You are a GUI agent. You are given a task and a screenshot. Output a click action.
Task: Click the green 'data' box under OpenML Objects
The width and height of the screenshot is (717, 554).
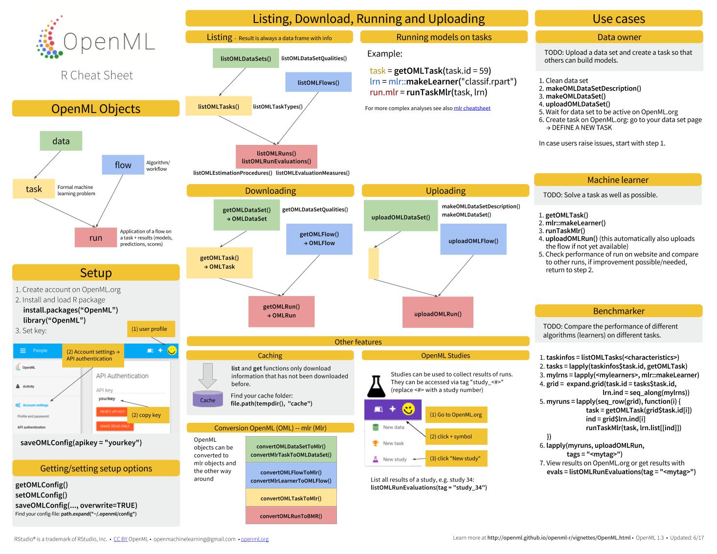(61, 141)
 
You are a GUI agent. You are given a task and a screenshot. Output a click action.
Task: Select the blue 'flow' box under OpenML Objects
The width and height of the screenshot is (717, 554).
(123, 165)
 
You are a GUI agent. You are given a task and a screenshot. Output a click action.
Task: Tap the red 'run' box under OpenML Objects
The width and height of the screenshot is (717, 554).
(96, 238)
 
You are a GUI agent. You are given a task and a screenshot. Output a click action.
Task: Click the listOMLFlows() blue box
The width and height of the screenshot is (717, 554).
(318, 82)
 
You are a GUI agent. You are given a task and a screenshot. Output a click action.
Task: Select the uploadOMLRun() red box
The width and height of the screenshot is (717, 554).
(438, 314)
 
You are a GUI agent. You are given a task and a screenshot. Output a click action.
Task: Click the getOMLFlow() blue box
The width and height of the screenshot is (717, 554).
(319, 239)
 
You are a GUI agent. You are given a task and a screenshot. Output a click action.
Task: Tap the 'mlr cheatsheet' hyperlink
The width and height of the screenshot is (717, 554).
(472, 108)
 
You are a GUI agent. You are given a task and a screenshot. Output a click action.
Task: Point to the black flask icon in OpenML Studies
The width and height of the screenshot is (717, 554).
(376, 386)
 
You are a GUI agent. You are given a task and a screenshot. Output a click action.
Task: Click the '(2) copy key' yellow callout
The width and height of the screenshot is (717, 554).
(149, 415)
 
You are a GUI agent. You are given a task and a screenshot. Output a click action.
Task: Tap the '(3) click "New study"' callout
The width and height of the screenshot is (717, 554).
(456, 459)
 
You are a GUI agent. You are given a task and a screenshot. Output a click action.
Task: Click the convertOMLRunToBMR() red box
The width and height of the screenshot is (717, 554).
(291, 516)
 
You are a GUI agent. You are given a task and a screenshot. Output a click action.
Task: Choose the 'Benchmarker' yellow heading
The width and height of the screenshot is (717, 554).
(618, 311)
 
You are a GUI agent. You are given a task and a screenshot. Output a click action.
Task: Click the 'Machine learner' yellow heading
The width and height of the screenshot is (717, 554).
(617, 180)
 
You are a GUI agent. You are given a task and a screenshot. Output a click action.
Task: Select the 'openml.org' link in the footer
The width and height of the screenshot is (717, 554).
(254, 539)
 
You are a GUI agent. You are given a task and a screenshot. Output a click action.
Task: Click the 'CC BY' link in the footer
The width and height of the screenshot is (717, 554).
(120, 539)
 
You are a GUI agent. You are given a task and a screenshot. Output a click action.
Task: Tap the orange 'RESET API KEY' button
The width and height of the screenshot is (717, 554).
(112, 412)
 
